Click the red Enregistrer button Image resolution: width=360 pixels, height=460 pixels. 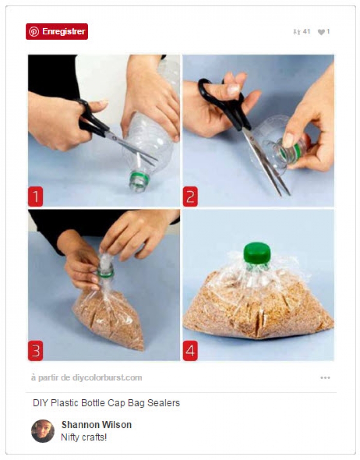click(57, 32)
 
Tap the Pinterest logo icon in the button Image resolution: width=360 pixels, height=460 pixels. click(34, 32)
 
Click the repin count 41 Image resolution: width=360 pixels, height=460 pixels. click(306, 32)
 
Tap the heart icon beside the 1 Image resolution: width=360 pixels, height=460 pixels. click(321, 32)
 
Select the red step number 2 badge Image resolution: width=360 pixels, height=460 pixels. click(190, 197)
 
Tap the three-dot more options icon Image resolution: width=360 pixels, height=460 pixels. click(325, 378)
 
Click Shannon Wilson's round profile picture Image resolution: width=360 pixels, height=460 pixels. click(43, 431)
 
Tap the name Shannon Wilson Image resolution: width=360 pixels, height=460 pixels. click(96, 424)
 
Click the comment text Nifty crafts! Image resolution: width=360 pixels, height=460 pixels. click(84, 437)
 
